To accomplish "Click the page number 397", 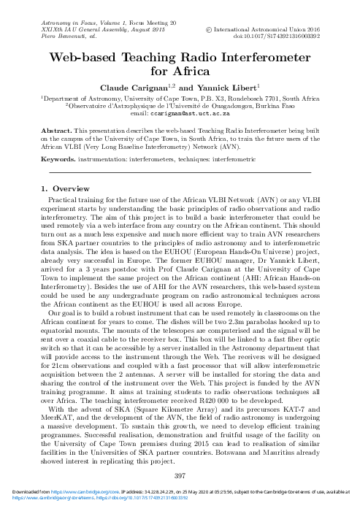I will coord(180,476).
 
